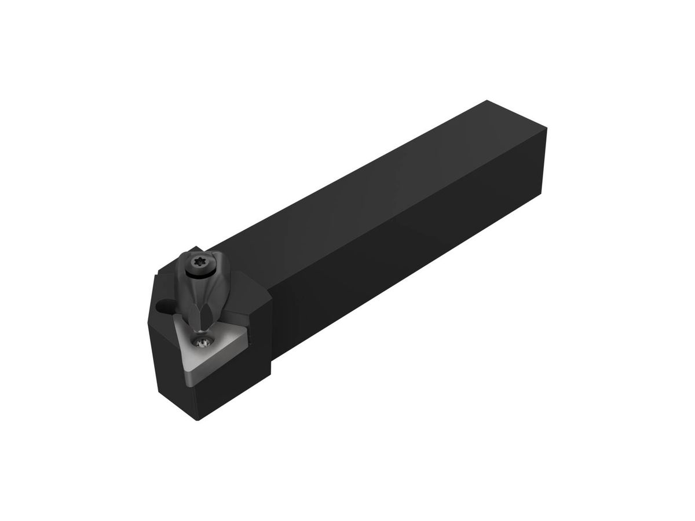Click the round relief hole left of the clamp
tap(163, 306)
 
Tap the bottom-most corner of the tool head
tap(197, 420)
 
